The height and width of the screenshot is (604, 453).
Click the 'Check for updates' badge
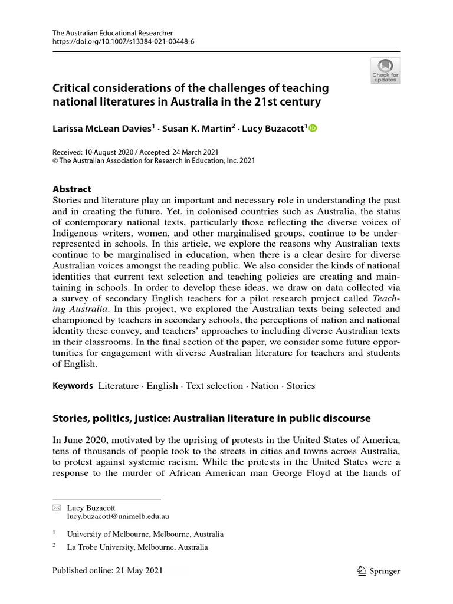pyautogui.click(x=385, y=70)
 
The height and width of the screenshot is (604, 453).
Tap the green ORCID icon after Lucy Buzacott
pyautogui.click(x=313, y=128)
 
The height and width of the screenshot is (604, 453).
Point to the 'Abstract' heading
pyautogui.click(x=72, y=189)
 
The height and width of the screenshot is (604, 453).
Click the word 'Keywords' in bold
pyautogui.click(x=73, y=386)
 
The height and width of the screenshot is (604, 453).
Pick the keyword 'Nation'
pyautogui.click(x=264, y=386)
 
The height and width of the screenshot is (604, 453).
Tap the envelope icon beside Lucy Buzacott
pyautogui.click(x=56, y=507)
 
